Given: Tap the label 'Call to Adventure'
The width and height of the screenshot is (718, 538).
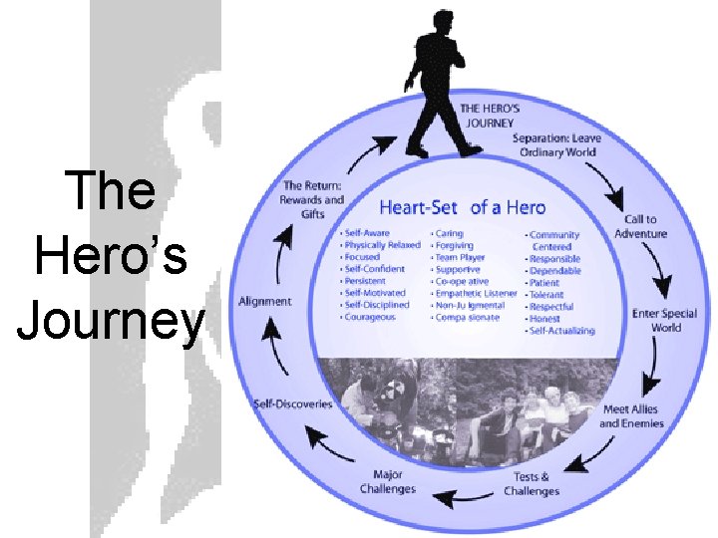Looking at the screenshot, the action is tap(640, 226).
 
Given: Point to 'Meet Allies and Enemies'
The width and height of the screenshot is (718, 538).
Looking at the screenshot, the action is tap(631, 416).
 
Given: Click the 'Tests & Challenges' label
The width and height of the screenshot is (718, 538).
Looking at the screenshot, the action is tap(532, 484).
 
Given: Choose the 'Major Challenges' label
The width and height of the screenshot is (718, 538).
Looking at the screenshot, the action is tap(387, 481).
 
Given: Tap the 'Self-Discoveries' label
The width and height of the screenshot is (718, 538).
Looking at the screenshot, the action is tap(291, 403).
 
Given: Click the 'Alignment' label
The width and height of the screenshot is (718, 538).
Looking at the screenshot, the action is tap(265, 301).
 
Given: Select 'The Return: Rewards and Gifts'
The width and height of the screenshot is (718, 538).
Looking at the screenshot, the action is tap(312, 199).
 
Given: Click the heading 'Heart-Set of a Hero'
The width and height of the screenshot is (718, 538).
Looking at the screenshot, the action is tap(462, 207).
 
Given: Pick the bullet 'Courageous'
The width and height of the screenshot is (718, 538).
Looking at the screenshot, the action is tap(370, 317).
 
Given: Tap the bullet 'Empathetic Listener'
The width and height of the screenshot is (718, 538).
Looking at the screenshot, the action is tap(477, 293).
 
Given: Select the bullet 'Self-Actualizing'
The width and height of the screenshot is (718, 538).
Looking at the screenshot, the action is tap(562, 330).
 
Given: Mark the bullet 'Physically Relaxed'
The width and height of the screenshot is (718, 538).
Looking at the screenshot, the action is tap(383, 245).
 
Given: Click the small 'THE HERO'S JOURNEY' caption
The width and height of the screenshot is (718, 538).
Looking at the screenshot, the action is tap(486, 115).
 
